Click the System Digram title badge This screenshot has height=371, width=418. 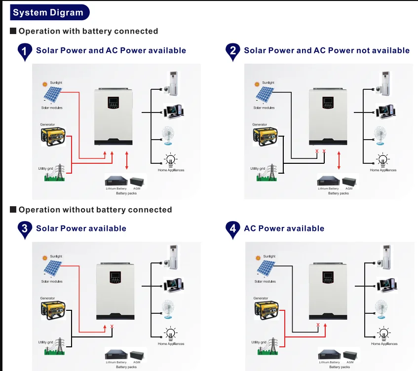[x=48, y=12]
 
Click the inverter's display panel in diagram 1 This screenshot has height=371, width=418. [x=113, y=105]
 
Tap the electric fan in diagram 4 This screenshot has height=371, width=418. [x=380, y=309]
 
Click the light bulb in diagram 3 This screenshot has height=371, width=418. [x=170, y=334]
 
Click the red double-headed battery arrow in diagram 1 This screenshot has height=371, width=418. [x=127, y=160]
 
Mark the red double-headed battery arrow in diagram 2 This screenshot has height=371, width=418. [x=339, y=160]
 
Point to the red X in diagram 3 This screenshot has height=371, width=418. [x=112, y=327]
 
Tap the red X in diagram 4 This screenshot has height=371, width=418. [x=318, y=325]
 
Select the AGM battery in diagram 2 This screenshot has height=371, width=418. [x=350, y=181]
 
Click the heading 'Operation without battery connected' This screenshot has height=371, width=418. [x=95, y=210]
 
